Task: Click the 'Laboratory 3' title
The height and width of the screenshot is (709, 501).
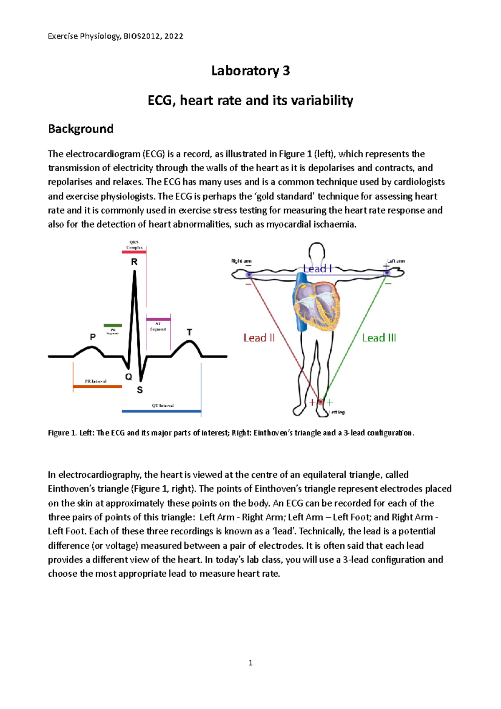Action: [x=250, y=71]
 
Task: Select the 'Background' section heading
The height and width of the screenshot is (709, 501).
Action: [x=81, y=129]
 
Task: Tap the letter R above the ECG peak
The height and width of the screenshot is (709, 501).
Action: [x=134, y=262]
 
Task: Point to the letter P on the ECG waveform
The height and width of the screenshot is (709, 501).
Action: [x=93, y=337]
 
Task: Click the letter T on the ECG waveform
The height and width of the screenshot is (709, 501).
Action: [x=189, y=332]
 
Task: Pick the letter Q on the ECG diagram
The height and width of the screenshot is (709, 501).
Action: [x=129, y=377]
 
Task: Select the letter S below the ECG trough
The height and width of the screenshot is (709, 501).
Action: [x=140, y=390]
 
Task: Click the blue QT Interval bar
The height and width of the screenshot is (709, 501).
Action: [x=161, y=411]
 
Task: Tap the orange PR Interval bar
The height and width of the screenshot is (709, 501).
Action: [x=97, y=387]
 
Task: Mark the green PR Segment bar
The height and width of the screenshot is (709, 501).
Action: [x=113, y=325]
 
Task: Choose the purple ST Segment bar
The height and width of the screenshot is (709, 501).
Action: [x=158, y=319]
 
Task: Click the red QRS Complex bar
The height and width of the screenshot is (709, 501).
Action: [x=134, y=252]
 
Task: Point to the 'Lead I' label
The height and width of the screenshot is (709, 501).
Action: [x=318, y=268]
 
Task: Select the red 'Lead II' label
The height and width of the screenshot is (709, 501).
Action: [x=259, y=338]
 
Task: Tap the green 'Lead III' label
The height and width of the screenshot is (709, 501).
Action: [x=379, y=338]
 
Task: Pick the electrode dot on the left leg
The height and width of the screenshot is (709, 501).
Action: [x=321, y=402]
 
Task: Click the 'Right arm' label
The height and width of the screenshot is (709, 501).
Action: [x=241, y=261]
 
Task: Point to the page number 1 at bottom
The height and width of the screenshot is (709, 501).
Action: [x=250, y=663]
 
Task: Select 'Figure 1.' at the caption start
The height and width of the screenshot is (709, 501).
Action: [x=62, y=433]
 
